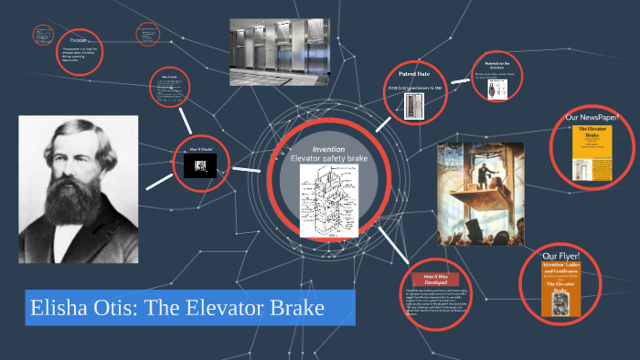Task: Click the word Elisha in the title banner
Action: (58, 309)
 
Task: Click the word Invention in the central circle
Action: (328, 148)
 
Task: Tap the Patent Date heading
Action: (420, 72)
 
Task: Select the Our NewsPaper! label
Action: (592, 117)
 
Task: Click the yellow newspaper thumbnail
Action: (590, 152)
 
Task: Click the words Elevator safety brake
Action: (328, 159)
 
